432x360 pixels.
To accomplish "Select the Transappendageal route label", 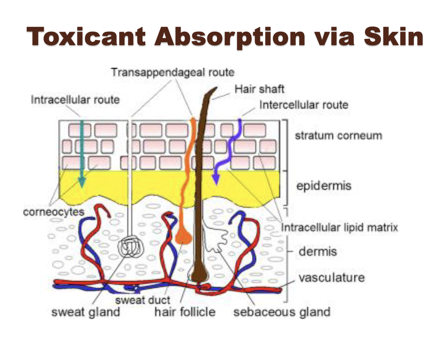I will pos(172,72).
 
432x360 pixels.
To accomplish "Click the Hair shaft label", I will pos(259,89).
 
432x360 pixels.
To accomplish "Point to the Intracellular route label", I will pos(75,100).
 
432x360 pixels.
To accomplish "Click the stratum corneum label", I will pos(338,135).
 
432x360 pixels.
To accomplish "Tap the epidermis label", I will pos(324,185).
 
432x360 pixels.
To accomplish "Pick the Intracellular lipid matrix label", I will pos(339,227).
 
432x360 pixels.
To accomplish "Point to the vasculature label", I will pos(332,278).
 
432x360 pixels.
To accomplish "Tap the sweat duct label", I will pos(143,300).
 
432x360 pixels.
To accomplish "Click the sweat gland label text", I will pos(85,312).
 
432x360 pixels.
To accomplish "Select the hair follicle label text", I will pos(185,312).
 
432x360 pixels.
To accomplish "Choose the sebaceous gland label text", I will pos(282,312).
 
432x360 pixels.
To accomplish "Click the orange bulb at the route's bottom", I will pos(183,236).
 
